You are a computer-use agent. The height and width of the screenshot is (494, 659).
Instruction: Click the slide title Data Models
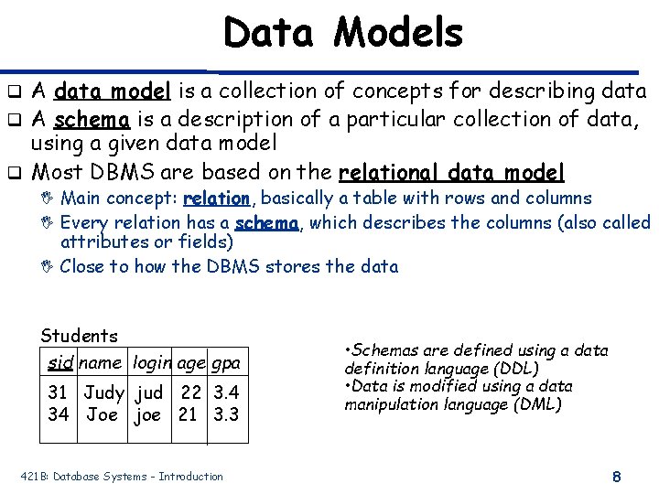coord(343,34)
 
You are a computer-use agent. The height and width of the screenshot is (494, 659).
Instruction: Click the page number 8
coord(617,477)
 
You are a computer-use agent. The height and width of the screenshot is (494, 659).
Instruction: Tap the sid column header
coord(60,363)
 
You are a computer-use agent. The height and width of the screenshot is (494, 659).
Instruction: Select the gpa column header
coord(226,363)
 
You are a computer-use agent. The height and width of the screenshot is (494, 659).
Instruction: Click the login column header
coord(151,363)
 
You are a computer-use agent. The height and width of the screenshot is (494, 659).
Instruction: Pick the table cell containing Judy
coord(104,393)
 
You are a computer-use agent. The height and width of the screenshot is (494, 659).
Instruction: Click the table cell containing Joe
coord(103,414)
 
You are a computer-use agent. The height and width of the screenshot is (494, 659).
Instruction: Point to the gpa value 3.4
coord(226,393)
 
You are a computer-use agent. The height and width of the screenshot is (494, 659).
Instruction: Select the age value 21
coord(189,414)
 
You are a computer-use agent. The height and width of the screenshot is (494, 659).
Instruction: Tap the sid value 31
coord(58,393)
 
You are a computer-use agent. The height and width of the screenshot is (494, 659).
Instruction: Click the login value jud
coord(149,393)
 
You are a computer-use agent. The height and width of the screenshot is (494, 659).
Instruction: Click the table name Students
coord(80,337)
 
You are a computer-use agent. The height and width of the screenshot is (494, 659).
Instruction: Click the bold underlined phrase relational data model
coord(452,173)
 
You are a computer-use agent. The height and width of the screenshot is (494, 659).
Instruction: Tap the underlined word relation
coord(217,199)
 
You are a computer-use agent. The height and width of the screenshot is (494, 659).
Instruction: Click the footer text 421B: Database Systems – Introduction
coord(122,477)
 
